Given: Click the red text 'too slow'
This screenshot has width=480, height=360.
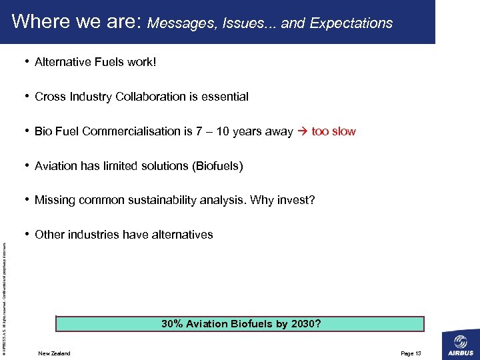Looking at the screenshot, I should (x=333, y=131).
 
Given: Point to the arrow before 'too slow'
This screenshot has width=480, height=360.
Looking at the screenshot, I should (x=302, y=131).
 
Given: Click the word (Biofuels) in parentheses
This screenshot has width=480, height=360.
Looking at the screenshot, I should (x=217, y=166).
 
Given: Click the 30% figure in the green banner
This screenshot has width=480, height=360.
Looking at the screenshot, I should (x=173, y=324).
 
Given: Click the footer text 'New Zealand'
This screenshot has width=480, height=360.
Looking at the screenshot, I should (x=54, y=353).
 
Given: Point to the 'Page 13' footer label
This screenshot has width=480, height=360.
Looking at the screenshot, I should (x=411, y=353).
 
